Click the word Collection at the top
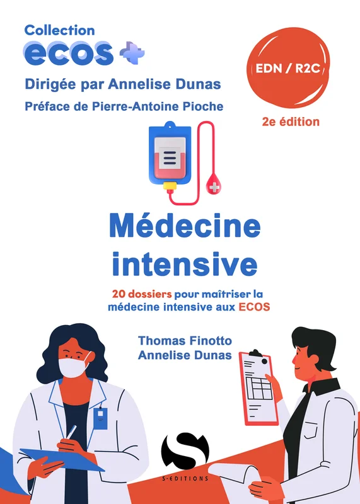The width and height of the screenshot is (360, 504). click(x=59, y=30)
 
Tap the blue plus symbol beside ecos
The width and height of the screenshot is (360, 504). click(x=132, y=53)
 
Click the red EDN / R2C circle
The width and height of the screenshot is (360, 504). click(x=288, y=68)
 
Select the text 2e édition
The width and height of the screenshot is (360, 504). click(x=291, y=122)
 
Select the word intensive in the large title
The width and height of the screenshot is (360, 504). click(x=185, y=264)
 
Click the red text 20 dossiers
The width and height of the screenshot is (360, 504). click(x=142, y=294)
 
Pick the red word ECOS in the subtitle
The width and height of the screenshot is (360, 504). click(x=254, y=307)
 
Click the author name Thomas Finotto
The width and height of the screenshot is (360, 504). click(x=185, y=341)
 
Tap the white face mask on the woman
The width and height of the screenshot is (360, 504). click(x=74, y=367)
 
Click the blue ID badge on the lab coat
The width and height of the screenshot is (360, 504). click(x=100, y=418)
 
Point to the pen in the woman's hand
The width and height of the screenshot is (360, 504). click(x=71, y=432)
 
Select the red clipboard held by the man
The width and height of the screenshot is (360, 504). click(x=258, y=387)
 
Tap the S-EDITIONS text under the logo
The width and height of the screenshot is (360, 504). click(x=185, y=479)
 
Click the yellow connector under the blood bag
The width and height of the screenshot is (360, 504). click(x=170, y=186)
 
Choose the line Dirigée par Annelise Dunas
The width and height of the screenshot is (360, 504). click(x=123, y=84)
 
